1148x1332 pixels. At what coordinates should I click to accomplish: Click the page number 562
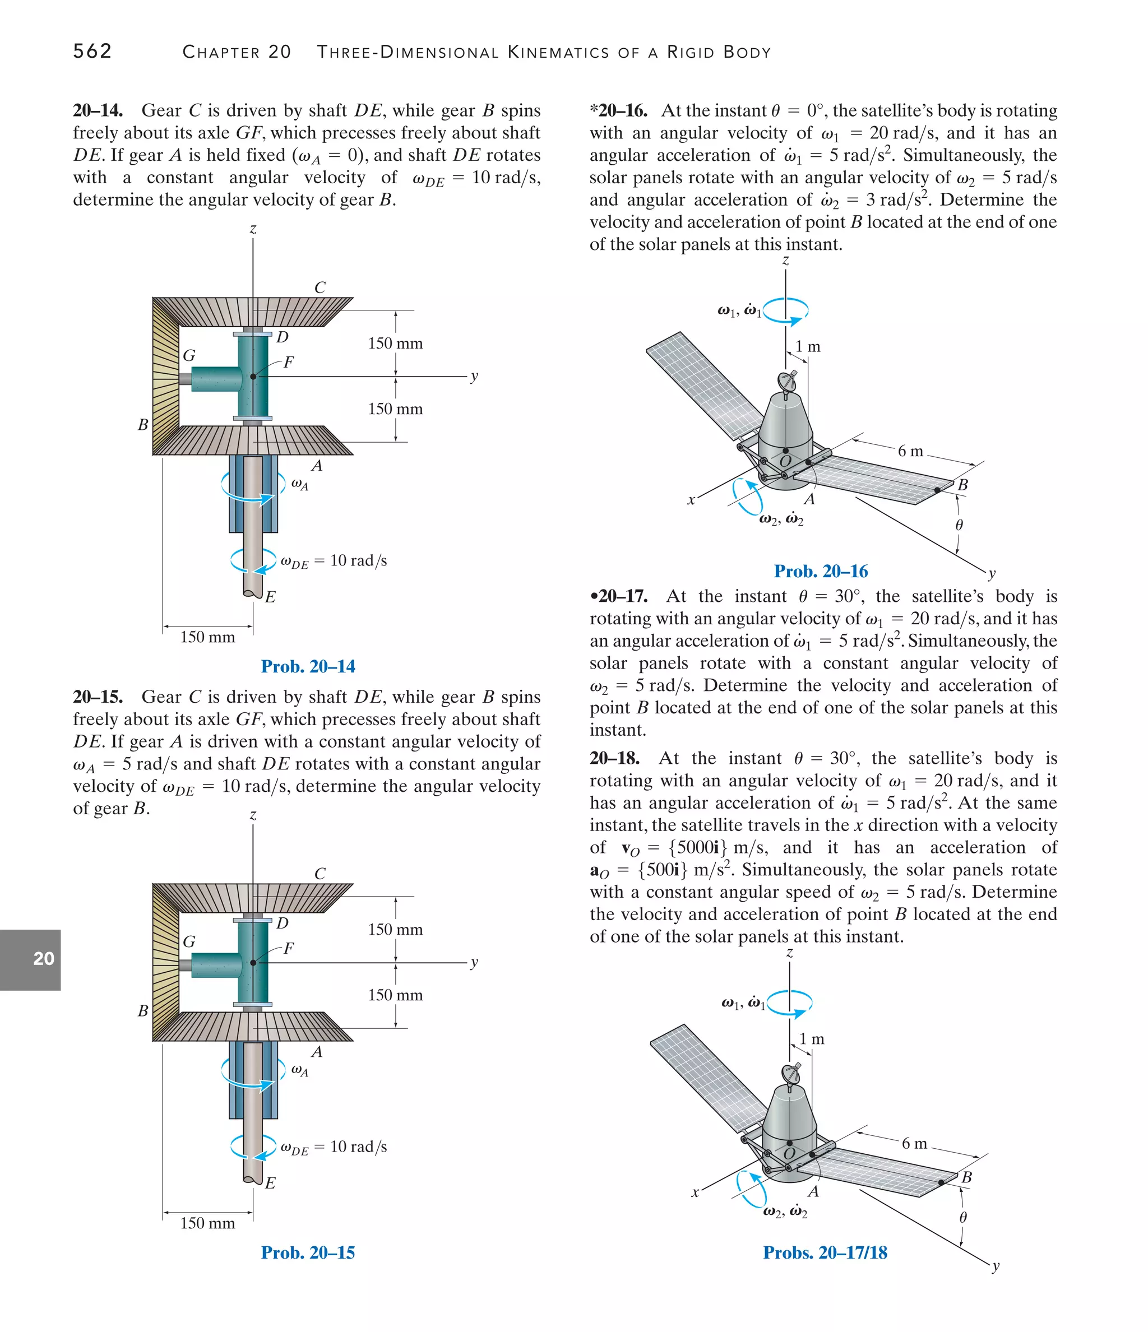pos(92,51)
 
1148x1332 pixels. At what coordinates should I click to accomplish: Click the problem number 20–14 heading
pos(98,110)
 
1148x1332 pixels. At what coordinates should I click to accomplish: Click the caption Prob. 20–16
pos(821,571)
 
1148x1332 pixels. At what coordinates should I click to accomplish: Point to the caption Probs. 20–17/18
pos(825,1252)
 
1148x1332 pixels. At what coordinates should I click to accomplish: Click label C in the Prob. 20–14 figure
pos(320,287)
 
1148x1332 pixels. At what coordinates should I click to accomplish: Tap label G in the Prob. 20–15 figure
pos(188,942)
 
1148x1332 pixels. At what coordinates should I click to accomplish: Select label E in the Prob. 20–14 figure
pos(270,597)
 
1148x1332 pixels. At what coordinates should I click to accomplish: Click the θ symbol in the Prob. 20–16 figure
pos(959,525)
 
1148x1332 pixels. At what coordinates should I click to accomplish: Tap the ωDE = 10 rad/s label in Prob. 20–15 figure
pos(334,1148)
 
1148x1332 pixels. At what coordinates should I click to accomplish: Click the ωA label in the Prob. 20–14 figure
pos(300,484)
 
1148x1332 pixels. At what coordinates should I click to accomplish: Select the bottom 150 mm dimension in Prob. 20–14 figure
pos(207,637)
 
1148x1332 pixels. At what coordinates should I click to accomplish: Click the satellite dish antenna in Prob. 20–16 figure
pos(787,381)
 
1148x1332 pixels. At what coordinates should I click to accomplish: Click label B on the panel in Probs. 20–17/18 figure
pos(966,1178)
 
